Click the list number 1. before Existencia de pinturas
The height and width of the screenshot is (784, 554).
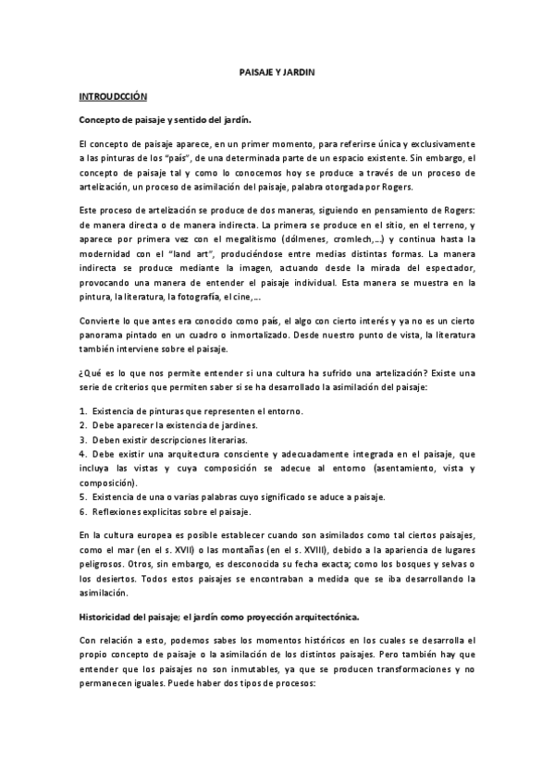83,410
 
